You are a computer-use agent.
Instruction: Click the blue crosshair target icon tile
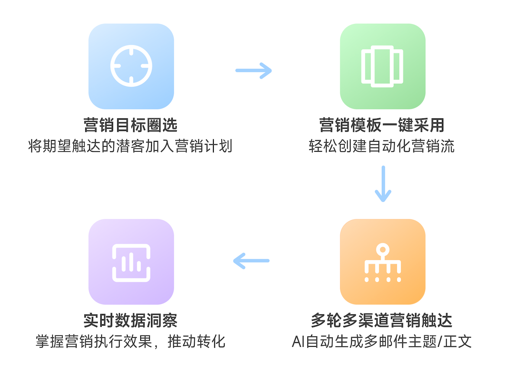(x=131, y=66)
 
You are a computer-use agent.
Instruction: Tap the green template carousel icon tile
(x=383, y=66)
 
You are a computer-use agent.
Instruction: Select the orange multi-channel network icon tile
(x=383, y=262)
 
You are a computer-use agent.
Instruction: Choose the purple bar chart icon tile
(x=131, y=262)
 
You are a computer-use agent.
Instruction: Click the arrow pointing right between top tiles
(x=254, y=71)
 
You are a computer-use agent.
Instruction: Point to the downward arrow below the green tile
(x=383, y=184)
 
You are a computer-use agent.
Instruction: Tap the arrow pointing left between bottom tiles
(x=251, y=261)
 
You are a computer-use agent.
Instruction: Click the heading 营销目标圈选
(x=131, y=125)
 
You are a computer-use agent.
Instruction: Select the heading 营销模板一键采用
(x=382, y=125)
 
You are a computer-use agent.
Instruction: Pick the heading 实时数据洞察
(x=131, y=321)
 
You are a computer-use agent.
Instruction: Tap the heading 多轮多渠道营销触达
(x=382, y=321)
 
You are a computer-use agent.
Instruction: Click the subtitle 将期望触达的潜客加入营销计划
(x=131, y=146)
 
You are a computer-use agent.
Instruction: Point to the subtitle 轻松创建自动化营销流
(x=382, y=146)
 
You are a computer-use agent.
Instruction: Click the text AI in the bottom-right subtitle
(x=298, y=342)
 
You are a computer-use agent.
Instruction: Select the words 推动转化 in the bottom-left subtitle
(x=197, y=342)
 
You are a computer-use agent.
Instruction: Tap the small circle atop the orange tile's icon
(x=383, y=250)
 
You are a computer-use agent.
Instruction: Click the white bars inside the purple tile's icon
(x=131, y=262)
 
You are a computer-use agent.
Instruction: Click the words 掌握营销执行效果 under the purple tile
(x=94, y=342)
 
